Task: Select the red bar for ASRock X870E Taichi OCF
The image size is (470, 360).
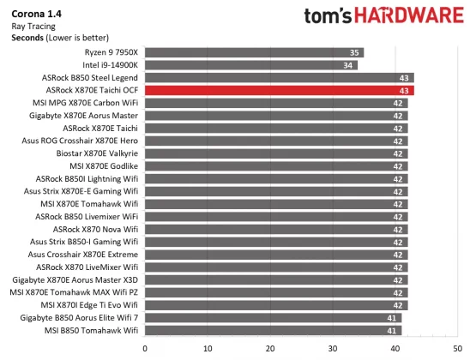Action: pyautogui.click(x=279, y=90)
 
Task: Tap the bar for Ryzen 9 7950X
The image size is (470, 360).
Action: pyautogui.click(x=254, y=52)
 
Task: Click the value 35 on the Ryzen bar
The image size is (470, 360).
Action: pyautogui.click(x=355, y=52)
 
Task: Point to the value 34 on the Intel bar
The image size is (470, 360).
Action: pyautogui.click(x=349, y=65)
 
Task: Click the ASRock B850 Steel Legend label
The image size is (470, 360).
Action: pyautogui.click(x=95, y=77)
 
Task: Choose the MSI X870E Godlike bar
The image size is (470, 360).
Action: pyautogui.click(x=275, y=165)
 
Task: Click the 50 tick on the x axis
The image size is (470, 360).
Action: pyautogui.click(x=458, y=348)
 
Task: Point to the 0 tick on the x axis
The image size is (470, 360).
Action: pyautogui.click(x=145, y=348)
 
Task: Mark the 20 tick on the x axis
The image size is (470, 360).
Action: pyautogui.click(x=270, y=348)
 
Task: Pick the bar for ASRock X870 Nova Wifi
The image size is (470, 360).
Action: pyautogui.click(x=275, y=229)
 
